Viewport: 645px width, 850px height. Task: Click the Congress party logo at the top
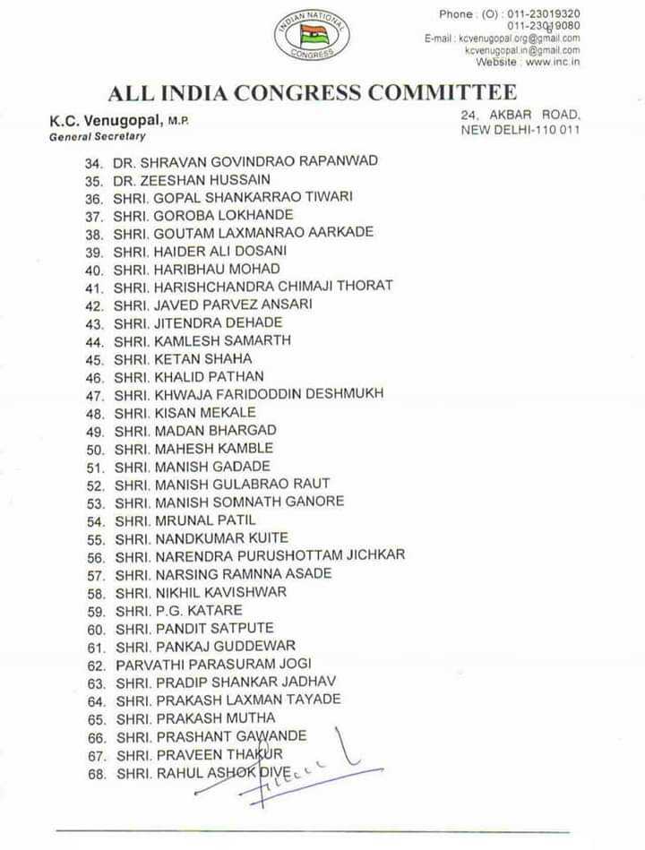point(313,35)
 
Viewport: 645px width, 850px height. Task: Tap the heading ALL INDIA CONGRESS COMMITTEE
point(313,93)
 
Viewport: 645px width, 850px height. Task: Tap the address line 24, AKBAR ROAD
point(521,116)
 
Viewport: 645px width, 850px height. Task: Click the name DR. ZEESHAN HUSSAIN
point(192,179)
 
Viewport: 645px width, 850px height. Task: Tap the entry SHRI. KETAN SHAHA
point(183,358)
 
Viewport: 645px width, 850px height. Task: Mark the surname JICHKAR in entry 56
point(370,555)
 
